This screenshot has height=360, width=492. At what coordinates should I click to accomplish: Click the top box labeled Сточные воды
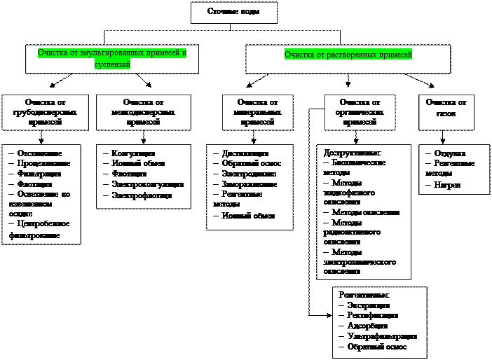tap(233, 13)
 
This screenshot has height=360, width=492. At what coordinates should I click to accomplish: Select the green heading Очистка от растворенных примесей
tap(348, 55)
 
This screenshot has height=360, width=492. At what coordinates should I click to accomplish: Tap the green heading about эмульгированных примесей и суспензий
tap(112, 58)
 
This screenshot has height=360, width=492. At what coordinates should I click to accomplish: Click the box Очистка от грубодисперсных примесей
tap(44, 112)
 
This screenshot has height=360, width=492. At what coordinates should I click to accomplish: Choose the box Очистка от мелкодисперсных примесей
tap(143, 112)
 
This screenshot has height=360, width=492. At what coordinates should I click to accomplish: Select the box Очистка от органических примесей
tap(360, 112)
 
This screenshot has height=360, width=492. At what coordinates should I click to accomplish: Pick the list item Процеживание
tap(43, 163)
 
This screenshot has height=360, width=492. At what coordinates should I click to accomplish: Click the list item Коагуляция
tap(133, 153)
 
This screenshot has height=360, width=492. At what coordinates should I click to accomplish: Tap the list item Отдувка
tap(449, 153)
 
